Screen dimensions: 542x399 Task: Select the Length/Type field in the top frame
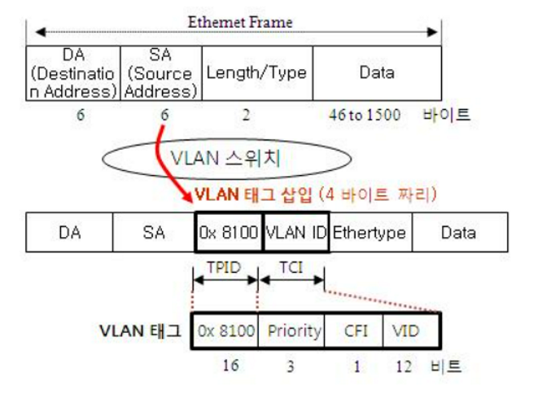pyautogui.click(x=256, y=72)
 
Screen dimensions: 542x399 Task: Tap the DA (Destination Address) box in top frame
pyautogui.click(x=73, y=72)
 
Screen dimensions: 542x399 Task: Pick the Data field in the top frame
pyautogui.click(x=376, y=72)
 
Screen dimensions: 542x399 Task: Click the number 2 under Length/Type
pyautogui.click(x=246, y=115)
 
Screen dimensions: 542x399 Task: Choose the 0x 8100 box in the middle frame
pyautogui.click(x=229, y=233)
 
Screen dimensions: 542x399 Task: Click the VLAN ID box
pyautogui.click(x=296, y=233)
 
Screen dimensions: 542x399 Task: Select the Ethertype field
pyautogui.click(x=369, y=233)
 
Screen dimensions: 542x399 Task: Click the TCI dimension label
pyautogui.click(x=292, y=266)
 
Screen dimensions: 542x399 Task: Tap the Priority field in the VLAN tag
pyautogui.click(x=291, y=331)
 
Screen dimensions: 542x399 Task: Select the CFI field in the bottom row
pyautogui.click(x=354, y=331)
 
